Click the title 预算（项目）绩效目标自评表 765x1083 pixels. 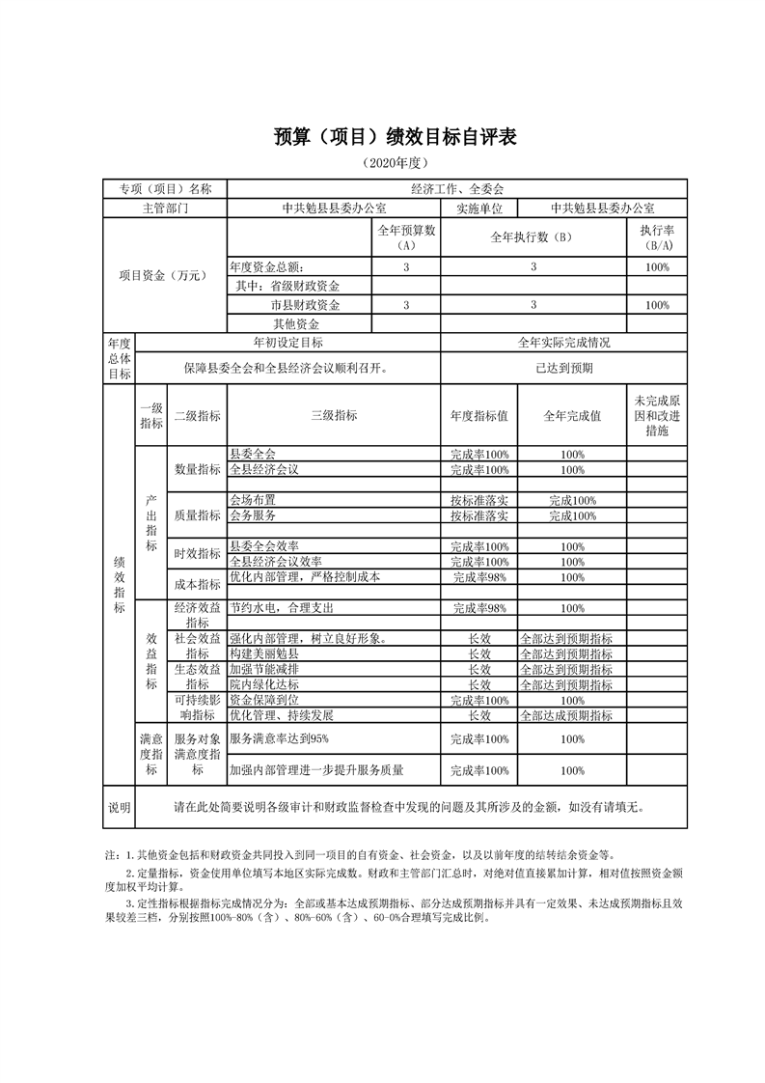pos(382,138)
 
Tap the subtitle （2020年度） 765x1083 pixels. pos(382,164)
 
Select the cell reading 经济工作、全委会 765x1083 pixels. pos(456,189)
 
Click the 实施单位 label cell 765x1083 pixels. pos(478,208)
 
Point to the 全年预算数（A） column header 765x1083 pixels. pos(406,238)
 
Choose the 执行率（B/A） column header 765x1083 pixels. pos(657,238)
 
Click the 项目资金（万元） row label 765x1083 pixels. pos(164,275)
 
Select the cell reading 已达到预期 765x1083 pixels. pos(563,368)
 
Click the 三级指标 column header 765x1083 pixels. pos(334,415)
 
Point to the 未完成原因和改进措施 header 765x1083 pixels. pos(657,415)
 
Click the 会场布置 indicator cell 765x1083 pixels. pos(253,501)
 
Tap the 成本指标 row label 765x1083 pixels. pos(197,584)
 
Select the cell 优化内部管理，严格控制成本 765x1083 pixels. pos(306,577)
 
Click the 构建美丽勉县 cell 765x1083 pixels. pos(264,654)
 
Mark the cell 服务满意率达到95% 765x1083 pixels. pos(280,738)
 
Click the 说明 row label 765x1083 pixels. pos(119,807)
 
